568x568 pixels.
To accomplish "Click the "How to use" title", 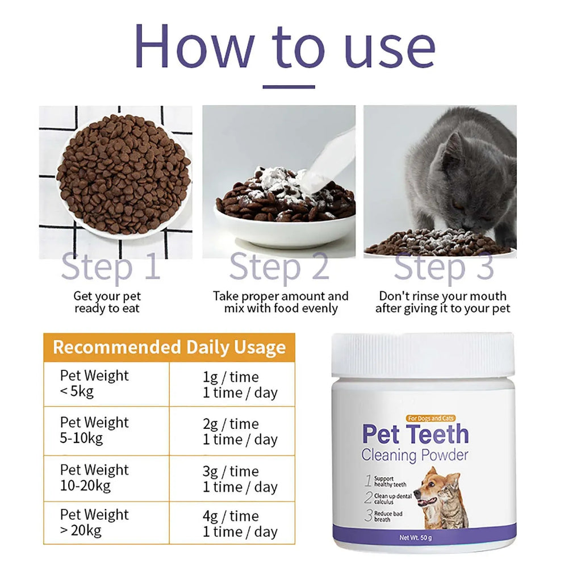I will pos(285,47).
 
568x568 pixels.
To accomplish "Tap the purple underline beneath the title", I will pos(289,87).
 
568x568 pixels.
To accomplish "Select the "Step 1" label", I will pos(111,267).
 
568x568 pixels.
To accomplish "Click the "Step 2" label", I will pos(279,267).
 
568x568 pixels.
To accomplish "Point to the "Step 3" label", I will pos(444,267).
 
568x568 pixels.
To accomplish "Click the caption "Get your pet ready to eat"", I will pos(107,302).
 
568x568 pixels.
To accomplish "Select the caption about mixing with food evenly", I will pos(281,302).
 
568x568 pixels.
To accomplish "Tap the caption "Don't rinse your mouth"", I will pos(442,302).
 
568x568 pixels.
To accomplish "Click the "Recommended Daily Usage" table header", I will pos(169,347).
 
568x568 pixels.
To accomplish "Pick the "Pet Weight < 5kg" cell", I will pos(94,383).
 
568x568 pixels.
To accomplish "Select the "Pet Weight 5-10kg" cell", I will pos(94,431).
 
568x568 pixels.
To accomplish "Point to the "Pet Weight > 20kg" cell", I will pos(94,523).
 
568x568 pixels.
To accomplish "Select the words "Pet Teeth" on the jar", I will pos(415,435).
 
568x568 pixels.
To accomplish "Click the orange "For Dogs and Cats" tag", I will pos(431,419).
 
